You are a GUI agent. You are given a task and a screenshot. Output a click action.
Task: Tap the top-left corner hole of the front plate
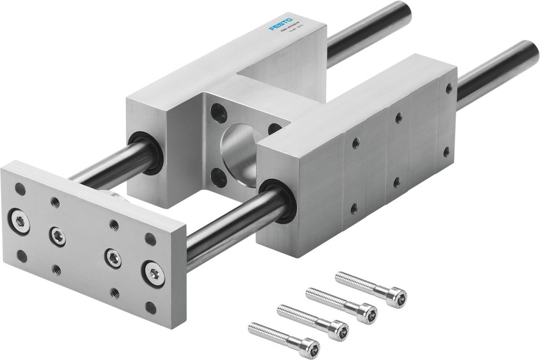20,189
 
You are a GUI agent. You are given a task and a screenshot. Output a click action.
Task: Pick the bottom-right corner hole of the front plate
151,308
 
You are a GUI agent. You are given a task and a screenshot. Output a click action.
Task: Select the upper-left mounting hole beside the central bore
219,112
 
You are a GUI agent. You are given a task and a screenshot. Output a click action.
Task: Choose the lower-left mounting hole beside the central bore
219,177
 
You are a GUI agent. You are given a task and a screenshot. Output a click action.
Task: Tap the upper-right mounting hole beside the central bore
274,128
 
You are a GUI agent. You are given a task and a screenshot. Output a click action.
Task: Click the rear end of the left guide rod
400,13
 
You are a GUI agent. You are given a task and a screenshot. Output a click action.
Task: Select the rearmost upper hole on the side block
448,88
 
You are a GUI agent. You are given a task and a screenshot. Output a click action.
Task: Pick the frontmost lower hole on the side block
354,207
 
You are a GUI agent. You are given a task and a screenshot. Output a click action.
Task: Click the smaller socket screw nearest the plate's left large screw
58,235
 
